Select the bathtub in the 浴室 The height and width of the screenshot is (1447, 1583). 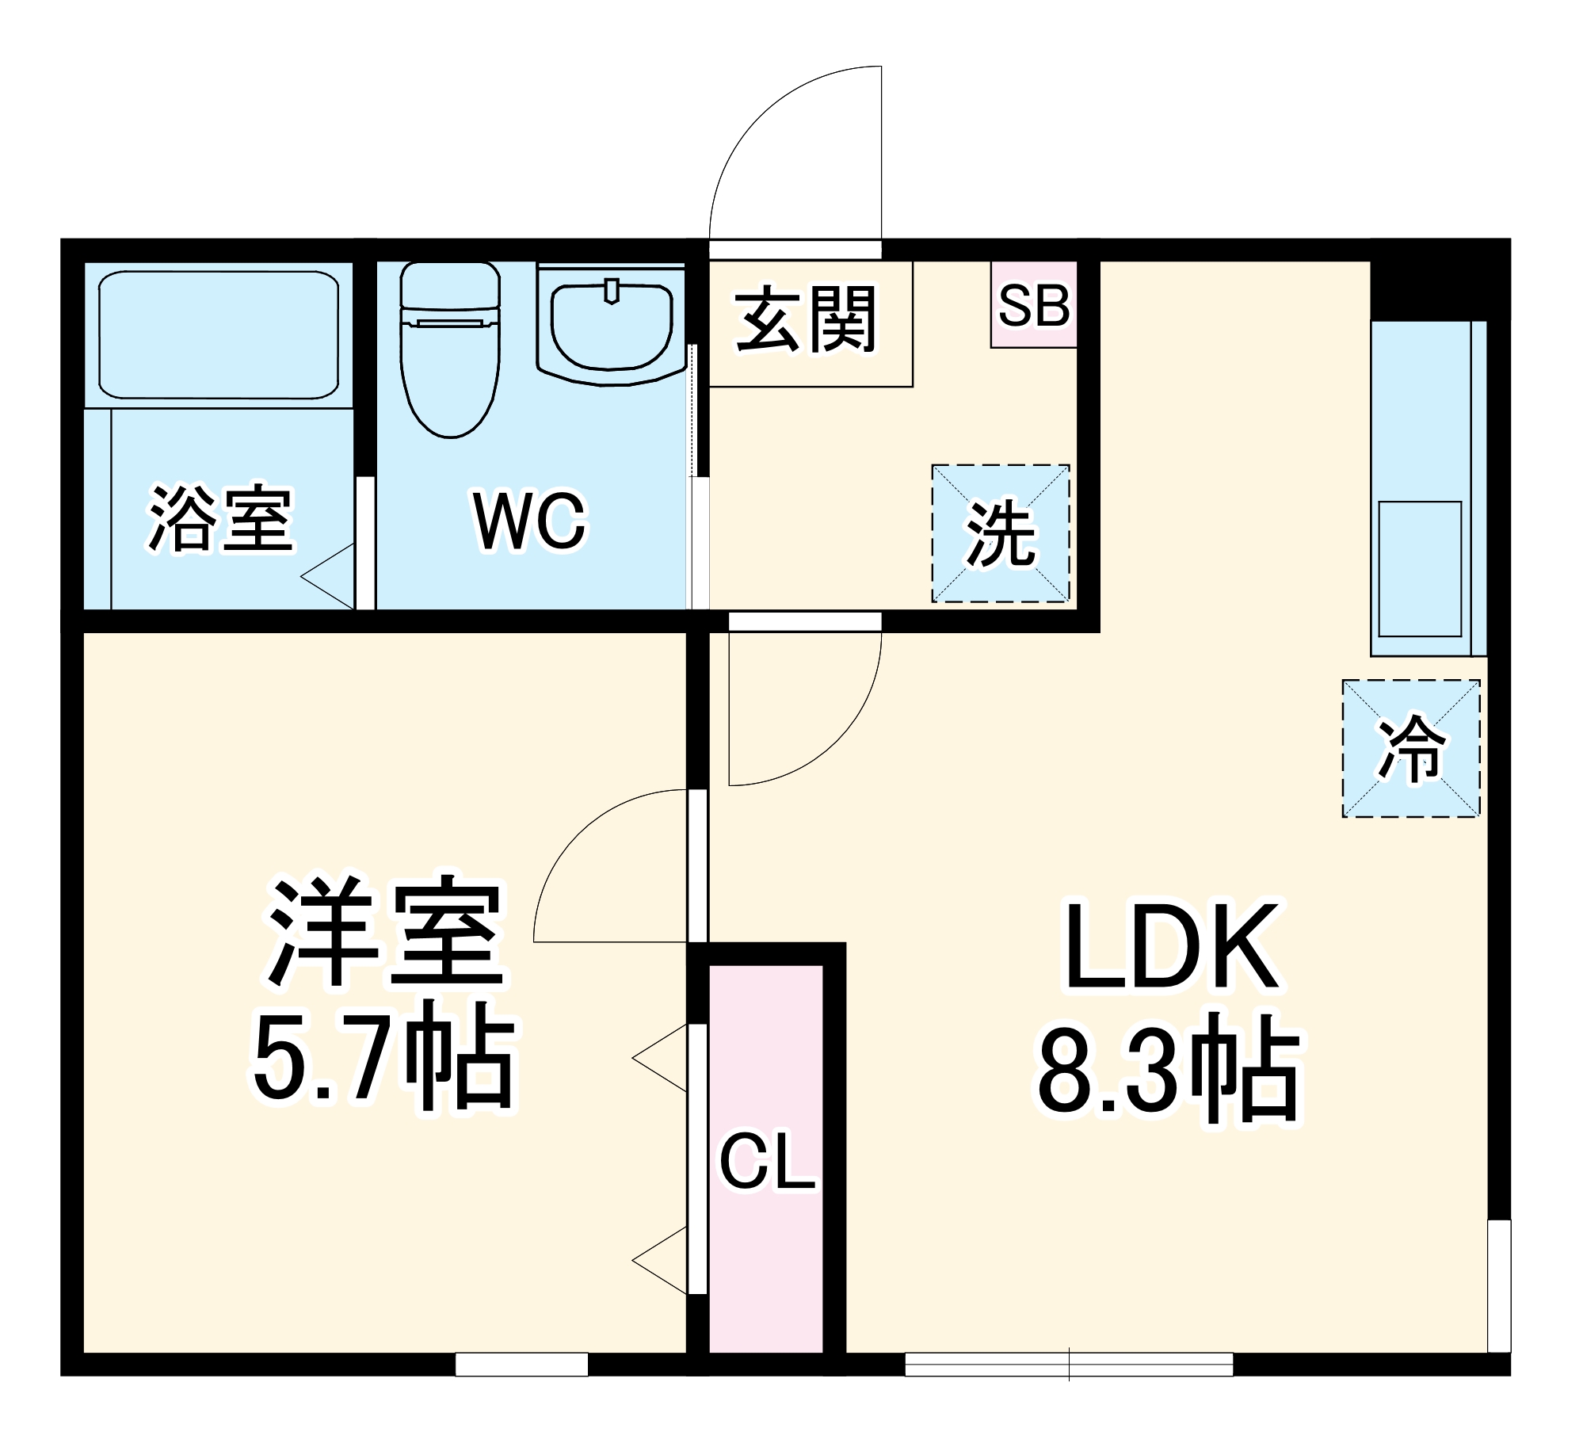click(x=219, y=334)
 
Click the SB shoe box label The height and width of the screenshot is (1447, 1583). click(x=1034, y=305)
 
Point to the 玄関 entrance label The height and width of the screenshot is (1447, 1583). click(x=807, y=319)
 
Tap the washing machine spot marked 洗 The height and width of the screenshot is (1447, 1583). click(x=1001, y=534)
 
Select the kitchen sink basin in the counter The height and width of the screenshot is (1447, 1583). click(x=1420, y=569)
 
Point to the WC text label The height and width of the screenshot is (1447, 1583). click(x=529, y=521)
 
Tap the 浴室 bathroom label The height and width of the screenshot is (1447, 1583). click(x=221, y=518)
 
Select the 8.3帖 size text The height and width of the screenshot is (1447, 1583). click(x=1169, y=1070)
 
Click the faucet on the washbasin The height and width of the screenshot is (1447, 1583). click(x=611, y=291)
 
